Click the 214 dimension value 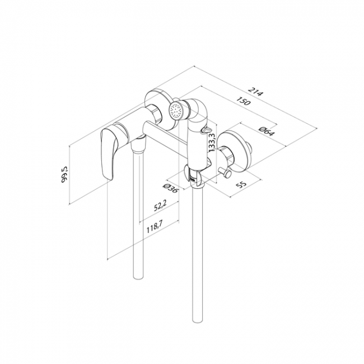(x=256, y=91)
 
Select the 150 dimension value (x=244, y=101)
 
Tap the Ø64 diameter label (x=267, y=131)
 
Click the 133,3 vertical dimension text (x=212, y=142)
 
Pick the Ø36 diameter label (x=171, y=188)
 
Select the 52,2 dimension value (x=160, y=206)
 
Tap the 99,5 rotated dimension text (x=64, y=174)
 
